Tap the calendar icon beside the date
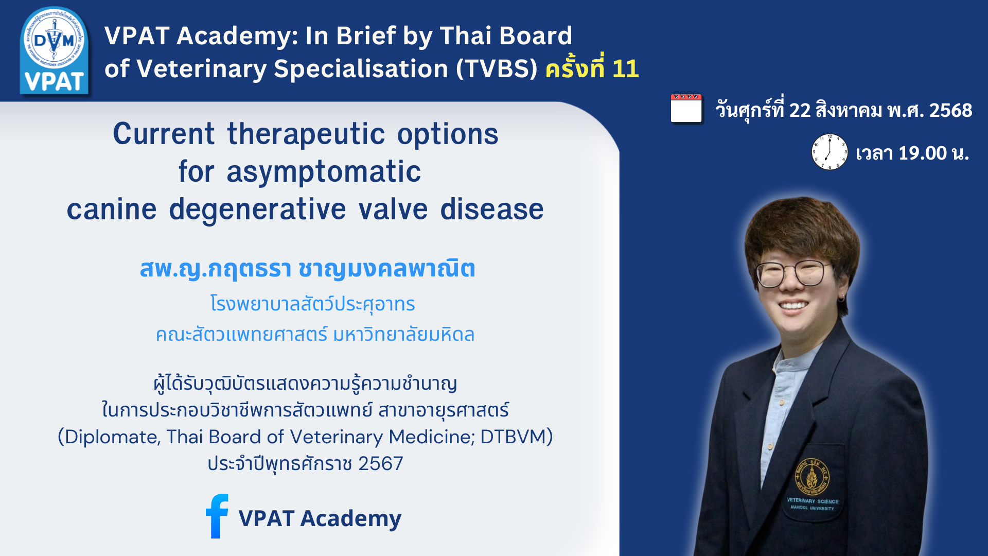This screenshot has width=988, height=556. click(x=686, y=108)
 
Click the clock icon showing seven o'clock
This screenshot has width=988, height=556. click(x=829, y=152)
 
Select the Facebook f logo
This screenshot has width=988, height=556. click(x=217, y=516)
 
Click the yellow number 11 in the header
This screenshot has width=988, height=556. click(x=626, y=68)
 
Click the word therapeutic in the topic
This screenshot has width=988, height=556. click(x=306, y=135)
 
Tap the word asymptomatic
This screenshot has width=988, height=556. click(x=324, y=172)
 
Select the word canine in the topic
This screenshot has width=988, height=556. click(x=112, y=210)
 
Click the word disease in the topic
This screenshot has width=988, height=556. click(x=491, y=210)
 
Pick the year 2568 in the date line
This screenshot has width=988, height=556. click(x=950, y=110)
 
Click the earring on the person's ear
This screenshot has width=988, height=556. click(x=841, y=298)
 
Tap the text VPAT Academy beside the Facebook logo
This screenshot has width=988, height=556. click(x=320, y=518)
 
